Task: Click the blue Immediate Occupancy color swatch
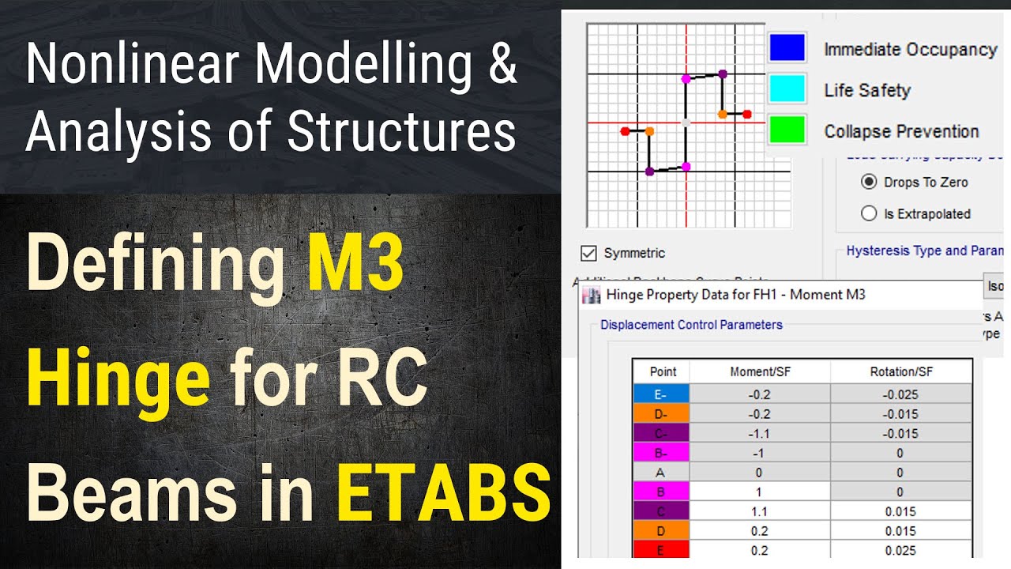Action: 787,48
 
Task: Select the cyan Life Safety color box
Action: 787,89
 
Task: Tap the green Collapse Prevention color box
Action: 787,130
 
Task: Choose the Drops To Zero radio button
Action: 869,182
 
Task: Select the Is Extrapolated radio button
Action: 869,213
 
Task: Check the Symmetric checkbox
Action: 588,254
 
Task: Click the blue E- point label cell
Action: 661,394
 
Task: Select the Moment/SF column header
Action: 759,371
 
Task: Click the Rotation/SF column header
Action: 901,371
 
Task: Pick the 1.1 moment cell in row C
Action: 759,511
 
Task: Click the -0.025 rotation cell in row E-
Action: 901,394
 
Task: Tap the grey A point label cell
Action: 661,472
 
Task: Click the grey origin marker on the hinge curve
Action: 686,122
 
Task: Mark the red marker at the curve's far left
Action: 625,130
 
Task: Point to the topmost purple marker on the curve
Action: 723,74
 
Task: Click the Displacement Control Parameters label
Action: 691,325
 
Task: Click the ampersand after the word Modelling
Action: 502,66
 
